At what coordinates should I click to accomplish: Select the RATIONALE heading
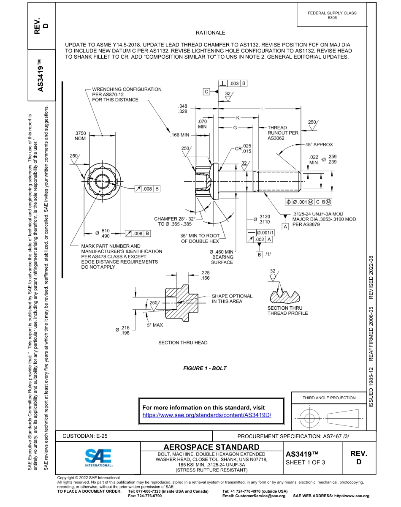coord(210,33)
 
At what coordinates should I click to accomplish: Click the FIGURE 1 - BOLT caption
coord(205,368)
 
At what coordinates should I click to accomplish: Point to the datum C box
coord(206,92)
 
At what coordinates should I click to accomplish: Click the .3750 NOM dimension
coord(80,136)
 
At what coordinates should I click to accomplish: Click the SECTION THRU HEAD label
coord(183,343)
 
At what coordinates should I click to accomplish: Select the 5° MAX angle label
coord(155,325)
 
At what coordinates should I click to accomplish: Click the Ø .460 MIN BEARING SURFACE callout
coord(222,257)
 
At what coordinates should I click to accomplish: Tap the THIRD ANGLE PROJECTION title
coord(329,398)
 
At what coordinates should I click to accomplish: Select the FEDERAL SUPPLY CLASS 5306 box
coord(332,15)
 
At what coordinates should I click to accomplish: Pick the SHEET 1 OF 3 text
coord(304,462)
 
